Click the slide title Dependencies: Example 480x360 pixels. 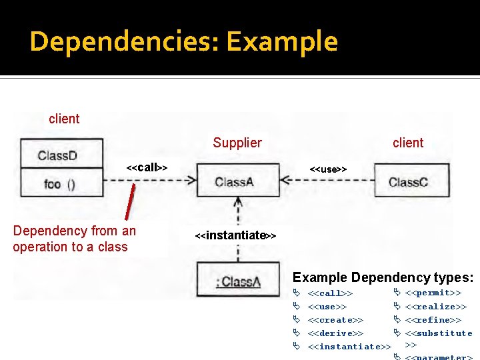click(x=183, y=41)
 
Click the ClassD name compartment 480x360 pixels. click(x=61, y=155)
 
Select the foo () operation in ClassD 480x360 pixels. click(x=61, y=183)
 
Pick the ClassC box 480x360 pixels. click(x=407, y=181)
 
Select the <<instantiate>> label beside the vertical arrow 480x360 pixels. click(x=235, y=235)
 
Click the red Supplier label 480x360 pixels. click(x=237, y=143)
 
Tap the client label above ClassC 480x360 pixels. click(x=407, y=143)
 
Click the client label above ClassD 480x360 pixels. click(x=64, y=119)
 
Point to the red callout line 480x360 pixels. click(x=129, y=201)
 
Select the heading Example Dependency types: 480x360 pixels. click(x=383, y=277)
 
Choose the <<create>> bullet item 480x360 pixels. click(x=335, y=320)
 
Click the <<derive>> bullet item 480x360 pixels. click(x=335, y=333)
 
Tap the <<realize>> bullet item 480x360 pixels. click(x=435, y=307)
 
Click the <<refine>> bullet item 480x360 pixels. click(x=433, y=320)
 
